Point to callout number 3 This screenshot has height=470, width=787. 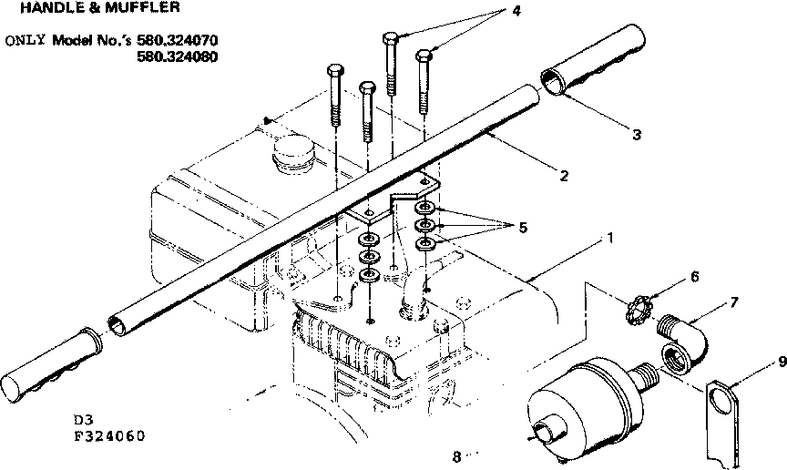pos(636,135)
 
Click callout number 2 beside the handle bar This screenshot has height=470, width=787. pos(564,175)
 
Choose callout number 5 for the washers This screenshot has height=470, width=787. pos(522,228)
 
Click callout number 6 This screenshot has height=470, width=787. pos(693,275)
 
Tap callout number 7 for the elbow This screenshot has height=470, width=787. pos(733,301)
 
